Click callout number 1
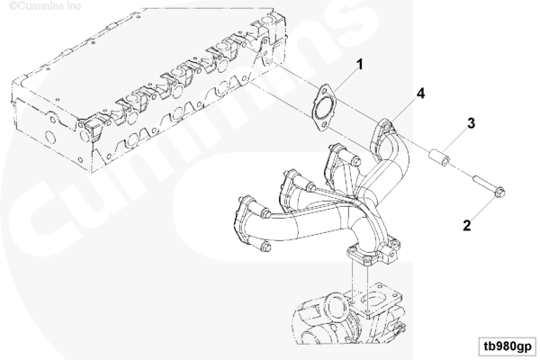pos(359,65)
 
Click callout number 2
pos(466,226)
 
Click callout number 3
pos(471,123)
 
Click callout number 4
pos(420,94)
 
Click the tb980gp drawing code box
pos(508,346)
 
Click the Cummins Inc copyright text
pos(45,6)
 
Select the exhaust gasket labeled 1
pos(323,108)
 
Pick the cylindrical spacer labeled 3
pos(439,157)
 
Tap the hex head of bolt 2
pos(499,192)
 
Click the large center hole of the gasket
pos(322,108)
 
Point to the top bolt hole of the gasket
pos(324,91)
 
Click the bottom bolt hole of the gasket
pos(322,126)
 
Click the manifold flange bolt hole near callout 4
pos(386,128)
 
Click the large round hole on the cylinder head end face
pos(50,137)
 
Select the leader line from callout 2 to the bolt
pos(482,210)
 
